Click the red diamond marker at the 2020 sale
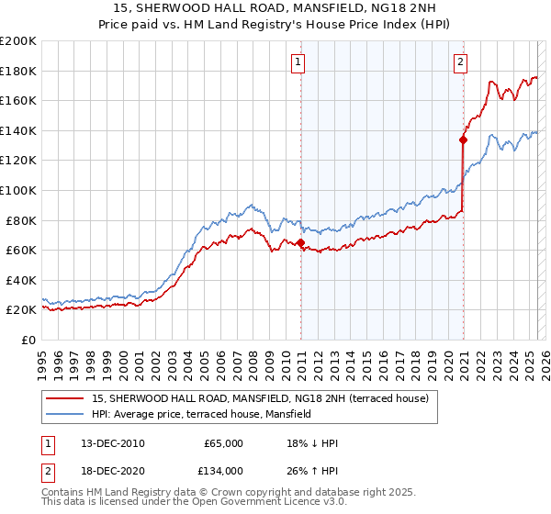pos(463,140)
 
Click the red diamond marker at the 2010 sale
pos(300,242)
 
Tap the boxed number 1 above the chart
pos(299,62)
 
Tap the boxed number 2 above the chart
pos(459,62)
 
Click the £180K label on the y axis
pos(18,71)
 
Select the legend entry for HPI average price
pos(202,414)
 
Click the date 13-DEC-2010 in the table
pos(113,443)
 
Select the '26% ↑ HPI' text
pos(312,470)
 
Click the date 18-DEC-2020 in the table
pos(113,470)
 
